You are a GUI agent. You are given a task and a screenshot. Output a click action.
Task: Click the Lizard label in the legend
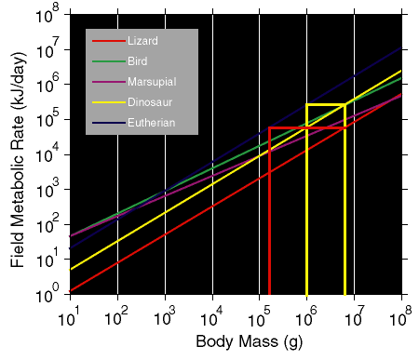[142, 41]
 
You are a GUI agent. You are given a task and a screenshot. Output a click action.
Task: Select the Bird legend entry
[138, 61]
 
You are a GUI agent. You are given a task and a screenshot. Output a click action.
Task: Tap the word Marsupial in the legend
[152, 82]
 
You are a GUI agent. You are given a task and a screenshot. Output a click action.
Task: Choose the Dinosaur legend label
[150, 102]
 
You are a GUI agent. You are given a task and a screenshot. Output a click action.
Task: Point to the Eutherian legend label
[152, 123]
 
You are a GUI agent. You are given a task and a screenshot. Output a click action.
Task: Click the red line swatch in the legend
[109, 41]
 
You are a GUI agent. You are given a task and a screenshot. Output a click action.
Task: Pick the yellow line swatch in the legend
[109, 102]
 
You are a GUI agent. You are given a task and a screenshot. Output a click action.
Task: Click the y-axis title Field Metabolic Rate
[18, 159]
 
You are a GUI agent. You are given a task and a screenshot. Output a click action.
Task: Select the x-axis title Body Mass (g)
[250, 341]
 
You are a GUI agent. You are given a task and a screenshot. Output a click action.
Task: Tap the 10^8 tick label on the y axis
[47, 15]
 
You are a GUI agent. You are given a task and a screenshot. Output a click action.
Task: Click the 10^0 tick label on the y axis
[47, 294]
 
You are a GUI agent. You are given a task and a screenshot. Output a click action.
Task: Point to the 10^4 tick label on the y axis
[47, 154]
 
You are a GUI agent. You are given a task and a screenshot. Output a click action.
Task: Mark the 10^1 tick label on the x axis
[69, 317]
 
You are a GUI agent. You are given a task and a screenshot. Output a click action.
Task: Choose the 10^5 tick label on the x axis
[259, 317]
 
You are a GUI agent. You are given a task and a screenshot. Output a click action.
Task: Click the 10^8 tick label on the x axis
[400, 317]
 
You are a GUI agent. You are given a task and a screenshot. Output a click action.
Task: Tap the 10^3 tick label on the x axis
[165, 317]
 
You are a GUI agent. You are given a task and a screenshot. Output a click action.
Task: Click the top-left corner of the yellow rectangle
[306, 105]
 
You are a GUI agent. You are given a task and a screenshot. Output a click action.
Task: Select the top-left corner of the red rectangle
[269, 127]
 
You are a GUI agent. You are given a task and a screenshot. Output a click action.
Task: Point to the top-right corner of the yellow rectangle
[345, 105]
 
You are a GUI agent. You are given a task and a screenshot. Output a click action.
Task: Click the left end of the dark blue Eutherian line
[70, 248]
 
